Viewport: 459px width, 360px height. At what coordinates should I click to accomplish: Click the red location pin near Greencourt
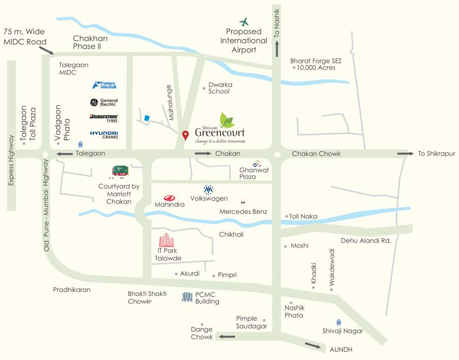(185, 135)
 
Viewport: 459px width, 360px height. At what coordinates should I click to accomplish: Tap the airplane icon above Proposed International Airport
(244, 22)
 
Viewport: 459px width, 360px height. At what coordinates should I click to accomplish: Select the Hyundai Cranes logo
(104, 135)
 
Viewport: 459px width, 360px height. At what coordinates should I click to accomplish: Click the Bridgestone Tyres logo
(104, 118)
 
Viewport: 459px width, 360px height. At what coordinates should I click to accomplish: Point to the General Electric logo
(104, 102)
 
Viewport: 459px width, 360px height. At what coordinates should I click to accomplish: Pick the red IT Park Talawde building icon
(166, 240)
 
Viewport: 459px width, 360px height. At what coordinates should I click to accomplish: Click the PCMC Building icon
(187, 296)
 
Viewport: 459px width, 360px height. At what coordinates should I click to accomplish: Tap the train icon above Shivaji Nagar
(338, 322)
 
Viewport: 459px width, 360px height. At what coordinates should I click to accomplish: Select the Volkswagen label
(209, 199)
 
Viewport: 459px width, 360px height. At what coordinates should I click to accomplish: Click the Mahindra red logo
(169, 198)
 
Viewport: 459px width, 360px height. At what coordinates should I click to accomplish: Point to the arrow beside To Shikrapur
(403, 154)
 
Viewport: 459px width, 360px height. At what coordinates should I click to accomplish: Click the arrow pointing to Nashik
(277, 49)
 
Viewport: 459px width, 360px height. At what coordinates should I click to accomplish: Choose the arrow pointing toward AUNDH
(314, 346)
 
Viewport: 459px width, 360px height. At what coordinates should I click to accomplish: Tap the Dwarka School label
(219, 88)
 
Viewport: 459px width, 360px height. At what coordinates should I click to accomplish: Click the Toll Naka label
(303, 217)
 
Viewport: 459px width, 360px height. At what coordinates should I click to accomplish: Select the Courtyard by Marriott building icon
(120, 172)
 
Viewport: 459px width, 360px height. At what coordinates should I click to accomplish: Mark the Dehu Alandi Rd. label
(366, 240)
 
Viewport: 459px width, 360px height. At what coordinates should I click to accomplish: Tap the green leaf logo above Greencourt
(228, 120)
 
